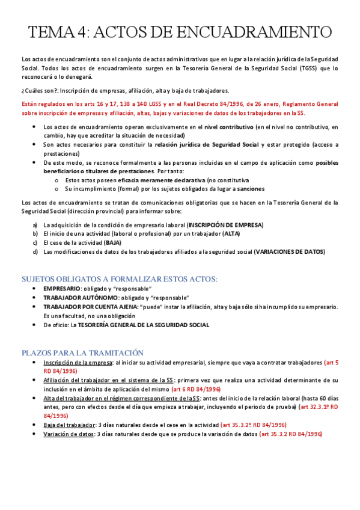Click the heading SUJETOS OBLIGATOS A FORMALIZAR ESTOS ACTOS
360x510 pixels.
pos(119,279)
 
